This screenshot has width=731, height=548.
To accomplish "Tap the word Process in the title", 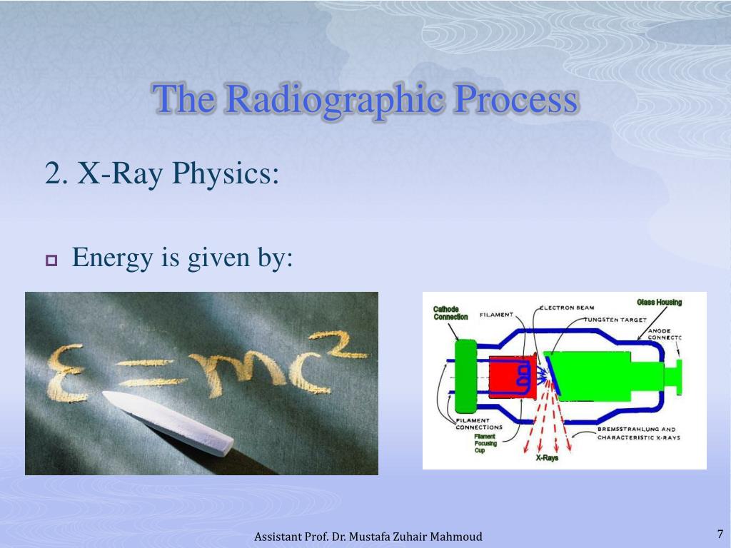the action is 515,99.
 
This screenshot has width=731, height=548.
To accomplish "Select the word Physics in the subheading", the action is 225,174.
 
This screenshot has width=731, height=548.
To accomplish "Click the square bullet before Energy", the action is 51,260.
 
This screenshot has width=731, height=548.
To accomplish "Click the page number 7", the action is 720,534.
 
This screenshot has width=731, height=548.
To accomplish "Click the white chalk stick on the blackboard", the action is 168,422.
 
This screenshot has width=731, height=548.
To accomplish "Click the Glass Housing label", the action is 659,303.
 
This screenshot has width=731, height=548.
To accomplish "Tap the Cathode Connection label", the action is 450,313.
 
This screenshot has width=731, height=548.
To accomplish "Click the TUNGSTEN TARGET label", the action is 616,320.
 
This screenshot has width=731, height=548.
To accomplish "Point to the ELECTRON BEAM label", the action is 568,308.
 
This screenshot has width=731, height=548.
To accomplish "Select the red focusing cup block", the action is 512,376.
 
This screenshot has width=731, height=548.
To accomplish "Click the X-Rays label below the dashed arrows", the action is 547,458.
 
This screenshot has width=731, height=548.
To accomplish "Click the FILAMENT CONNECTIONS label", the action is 479,424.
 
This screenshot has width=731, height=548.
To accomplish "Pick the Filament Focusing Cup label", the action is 485,443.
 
